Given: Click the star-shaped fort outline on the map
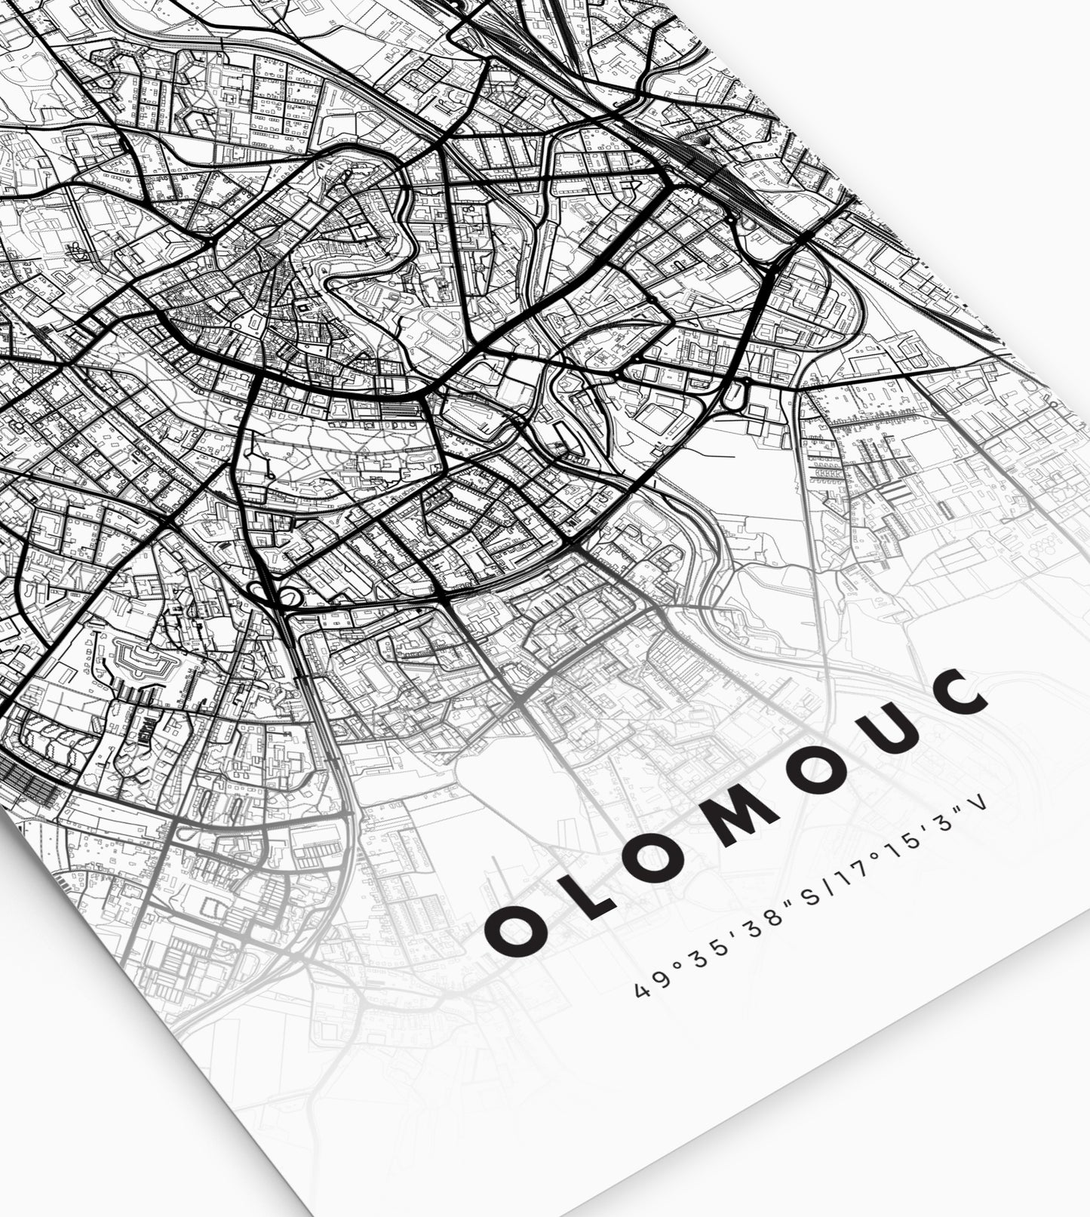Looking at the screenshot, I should coord(146,662).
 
